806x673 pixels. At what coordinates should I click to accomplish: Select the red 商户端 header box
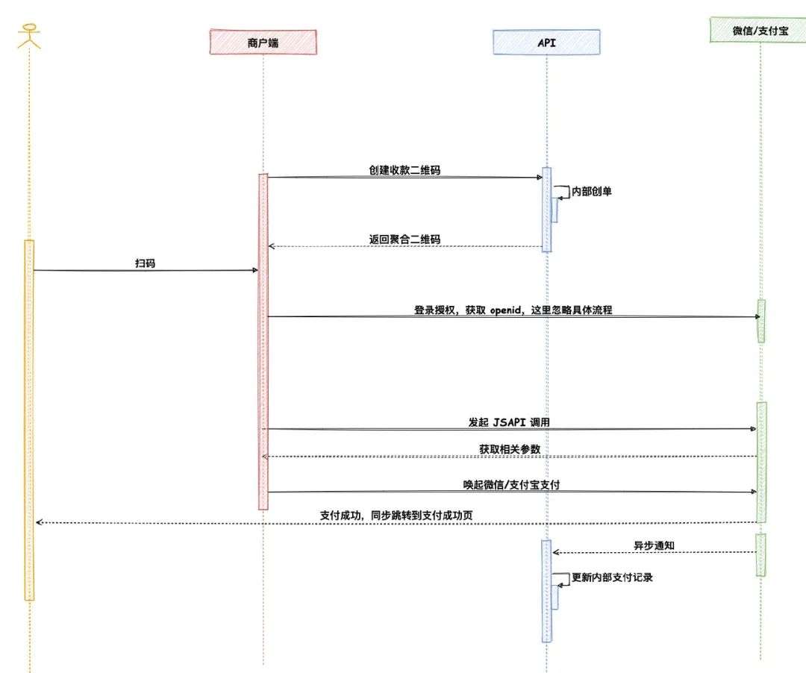(263, 43)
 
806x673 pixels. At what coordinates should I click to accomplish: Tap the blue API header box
(546, 43)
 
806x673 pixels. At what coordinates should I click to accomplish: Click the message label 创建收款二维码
(404, 170)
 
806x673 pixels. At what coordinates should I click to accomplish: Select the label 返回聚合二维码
(404, 240)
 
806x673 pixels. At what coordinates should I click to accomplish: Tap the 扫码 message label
(146, 263)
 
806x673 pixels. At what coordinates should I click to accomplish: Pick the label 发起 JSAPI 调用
(510, 422)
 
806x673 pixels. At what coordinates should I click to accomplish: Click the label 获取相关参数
(510, 449)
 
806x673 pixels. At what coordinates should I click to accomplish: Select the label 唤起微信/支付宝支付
(511, 485)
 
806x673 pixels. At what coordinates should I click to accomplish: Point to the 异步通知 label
(654, 545)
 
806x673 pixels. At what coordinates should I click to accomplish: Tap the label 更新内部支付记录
(612, 577)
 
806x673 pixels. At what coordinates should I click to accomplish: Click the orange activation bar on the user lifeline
(29, 418)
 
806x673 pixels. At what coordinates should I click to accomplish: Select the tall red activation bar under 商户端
(263, 343)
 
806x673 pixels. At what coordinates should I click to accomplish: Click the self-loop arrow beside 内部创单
(560, 192)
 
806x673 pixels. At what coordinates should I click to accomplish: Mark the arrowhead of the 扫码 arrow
(255, 270)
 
